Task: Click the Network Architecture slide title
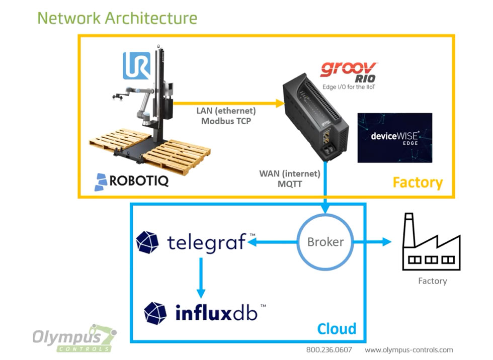[117, 18]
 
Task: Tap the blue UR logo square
[136, 66]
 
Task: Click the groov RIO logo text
[349, 71]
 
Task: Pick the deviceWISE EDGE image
[395, 137]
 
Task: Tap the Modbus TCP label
[226, 121]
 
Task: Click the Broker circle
[325, 242]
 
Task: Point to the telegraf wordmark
[206, 242]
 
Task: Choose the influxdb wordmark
[216, 313]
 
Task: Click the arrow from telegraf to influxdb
[201, 278]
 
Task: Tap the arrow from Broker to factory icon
[372, 242]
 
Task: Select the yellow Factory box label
[417, 182]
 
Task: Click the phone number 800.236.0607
[329, 350]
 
